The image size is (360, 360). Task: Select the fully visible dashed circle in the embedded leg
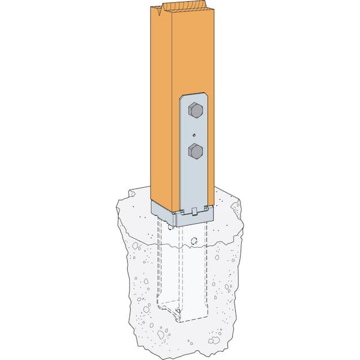point(193,241)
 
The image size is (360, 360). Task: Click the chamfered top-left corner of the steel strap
point(182,95)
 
